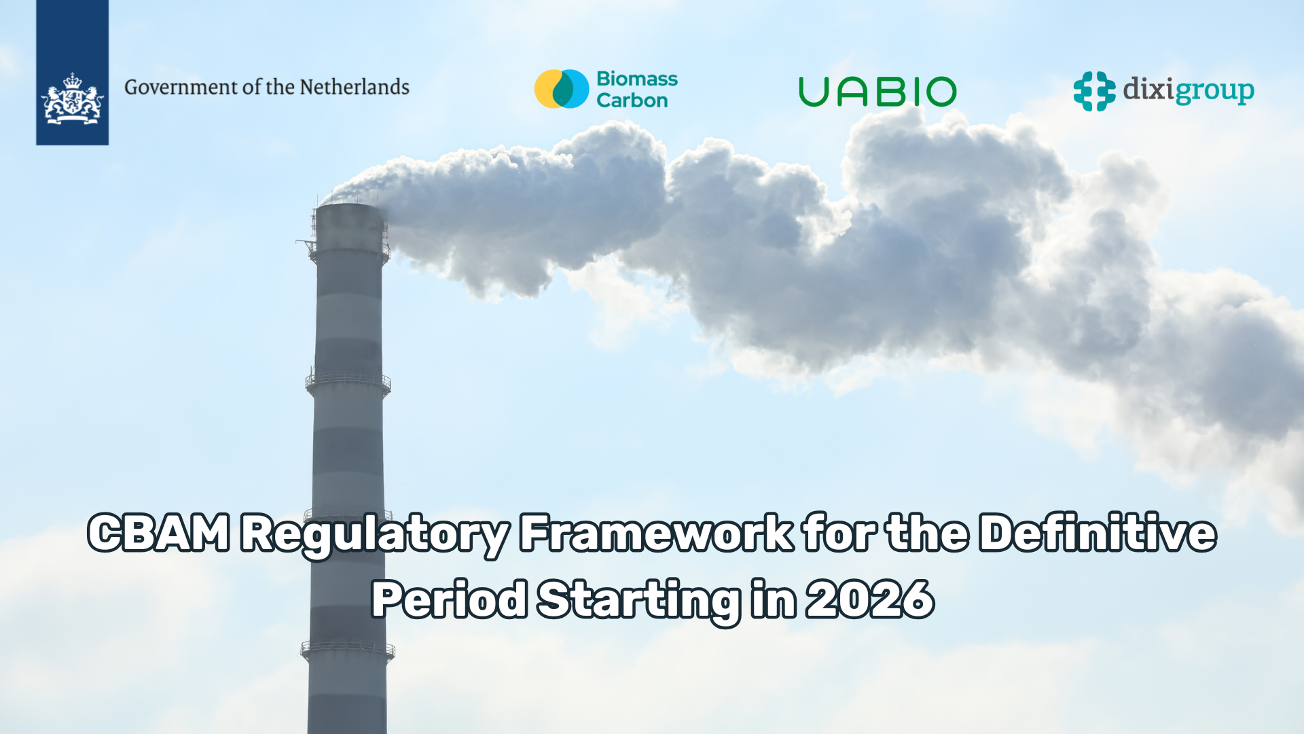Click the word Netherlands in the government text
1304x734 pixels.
coord(355,87)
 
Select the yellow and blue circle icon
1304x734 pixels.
coord(562,89)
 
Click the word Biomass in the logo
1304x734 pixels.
coord(637,79)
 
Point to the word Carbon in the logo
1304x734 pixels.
coord(632,101)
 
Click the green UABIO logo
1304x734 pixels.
coord(877,92)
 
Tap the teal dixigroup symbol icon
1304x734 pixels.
coord(1094,91)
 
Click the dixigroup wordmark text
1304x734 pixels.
coord(1189,91)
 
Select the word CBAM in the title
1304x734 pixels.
coord(159,533)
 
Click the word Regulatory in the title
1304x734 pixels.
coord(375,534)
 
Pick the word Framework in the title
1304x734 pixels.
coord(656,532)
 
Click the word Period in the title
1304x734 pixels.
coord(449,599)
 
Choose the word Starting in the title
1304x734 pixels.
coord(639,601)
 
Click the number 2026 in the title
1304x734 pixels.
coord(870,599)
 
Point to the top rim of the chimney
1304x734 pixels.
coord(350,206)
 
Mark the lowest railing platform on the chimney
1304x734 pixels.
coord(348,650)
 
